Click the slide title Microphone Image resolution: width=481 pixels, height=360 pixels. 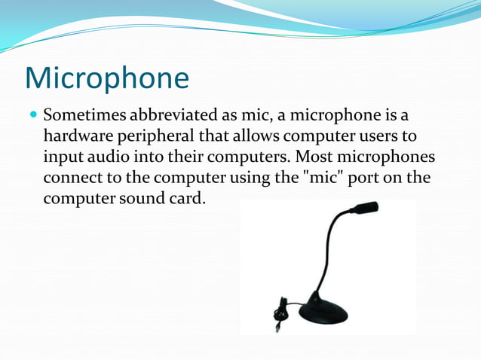click(106, 78)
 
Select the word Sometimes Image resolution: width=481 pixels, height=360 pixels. click(84, 117)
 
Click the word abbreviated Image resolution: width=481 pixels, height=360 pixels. click(173, 117)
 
